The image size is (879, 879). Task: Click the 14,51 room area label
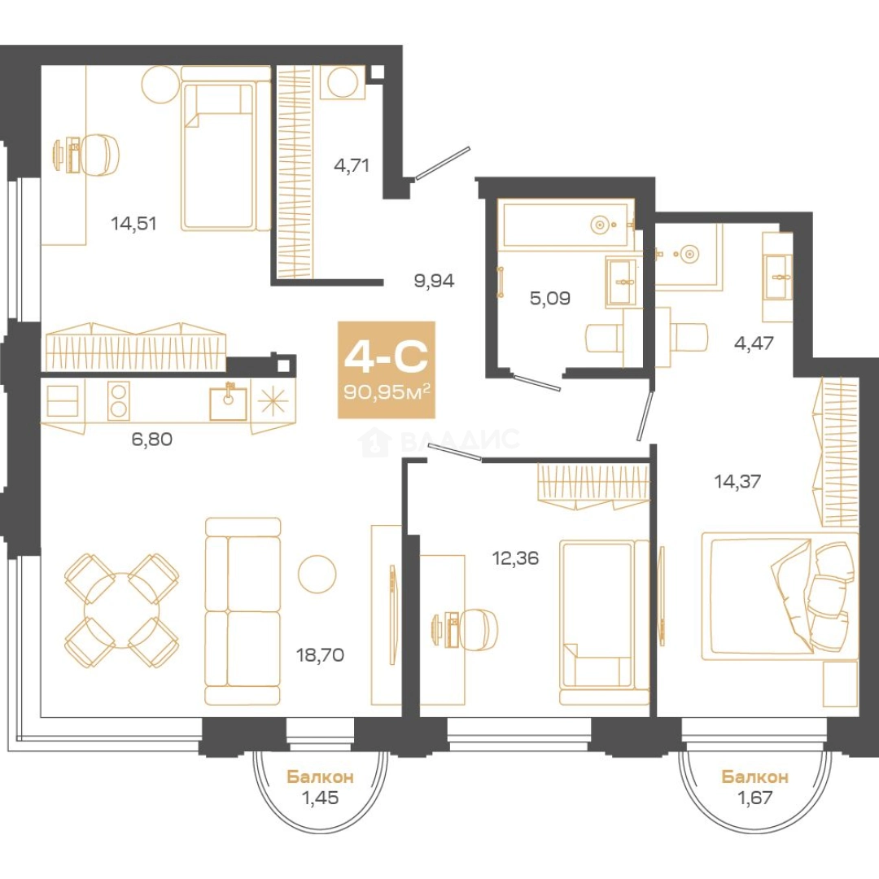pyautogui.click(x=133, y=224)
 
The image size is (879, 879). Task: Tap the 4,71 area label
pyautogui.click(x=351, y=166)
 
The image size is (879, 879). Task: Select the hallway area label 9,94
pyautogui.click(x=434, y=280)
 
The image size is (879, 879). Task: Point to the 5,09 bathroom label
pyautogui.click(x=550, y=298)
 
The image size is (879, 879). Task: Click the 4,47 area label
pyautogui.click(x=754, y=343)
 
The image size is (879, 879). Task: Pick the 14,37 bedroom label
pyautogui.click(x=737, y=481)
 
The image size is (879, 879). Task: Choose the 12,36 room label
pyautogui.click(x=515, y=558)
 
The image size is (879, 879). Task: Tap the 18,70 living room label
pyautogui.click(x=320, y=654)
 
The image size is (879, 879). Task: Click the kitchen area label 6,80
pyautogui.click(x=152, y=439)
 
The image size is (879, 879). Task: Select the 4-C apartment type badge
pyautogui.click(x=387, y=370)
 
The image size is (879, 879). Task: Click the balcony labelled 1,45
pyautogui.click(x=320, y=787)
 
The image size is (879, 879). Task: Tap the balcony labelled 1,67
pyautogui.click(x=755, y=787)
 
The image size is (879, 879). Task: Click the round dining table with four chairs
pyautogui.click(x=121, y=611)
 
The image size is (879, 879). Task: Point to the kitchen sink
pyautogui.click(x=228, y=402)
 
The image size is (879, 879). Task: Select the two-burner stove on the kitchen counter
pyautogui.click(x=119, y=400)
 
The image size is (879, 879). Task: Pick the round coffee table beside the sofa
pyautogui.click(x=317, y=574)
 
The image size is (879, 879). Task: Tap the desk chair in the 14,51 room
pyautogui.click(x=100, y=155)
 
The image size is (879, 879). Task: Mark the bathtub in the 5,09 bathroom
pyautogui.click(x=565, y=225)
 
